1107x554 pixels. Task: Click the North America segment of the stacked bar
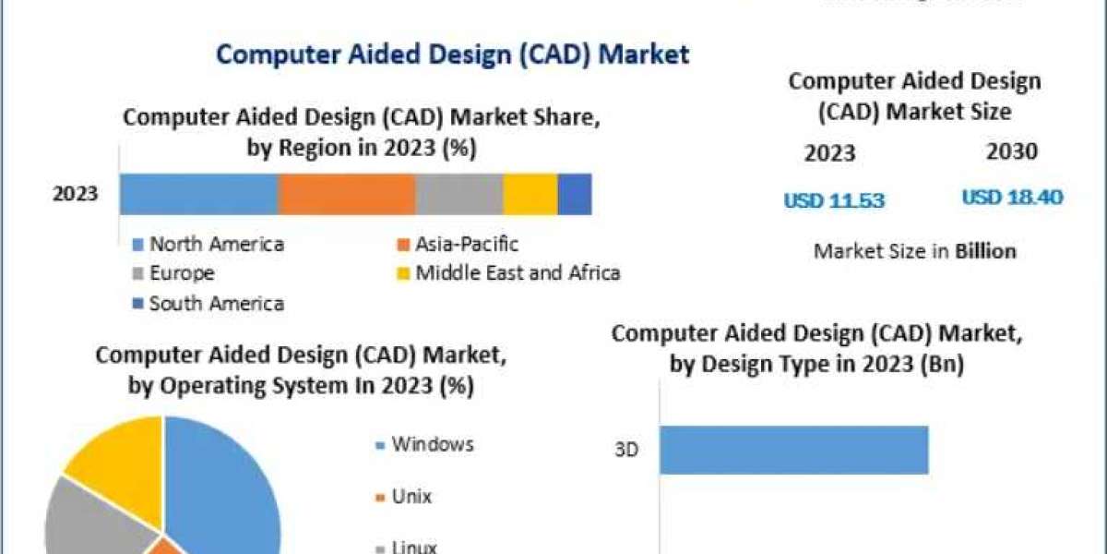coord(198,194)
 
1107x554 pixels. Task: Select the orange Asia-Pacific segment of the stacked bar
coord(346,194)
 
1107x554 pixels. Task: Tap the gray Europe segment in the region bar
coord(458,194)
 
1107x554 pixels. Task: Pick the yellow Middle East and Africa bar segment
coord(530,194)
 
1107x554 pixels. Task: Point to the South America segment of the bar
coord(575,194)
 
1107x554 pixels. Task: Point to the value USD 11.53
coord(834,200)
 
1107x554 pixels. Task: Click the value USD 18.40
coord(1012,198)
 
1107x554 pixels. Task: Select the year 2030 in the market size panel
coord(1012,152)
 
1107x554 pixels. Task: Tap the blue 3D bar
coord(793,450)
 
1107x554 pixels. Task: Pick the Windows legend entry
coord(432,444)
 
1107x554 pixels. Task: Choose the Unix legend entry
coord(411,497)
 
